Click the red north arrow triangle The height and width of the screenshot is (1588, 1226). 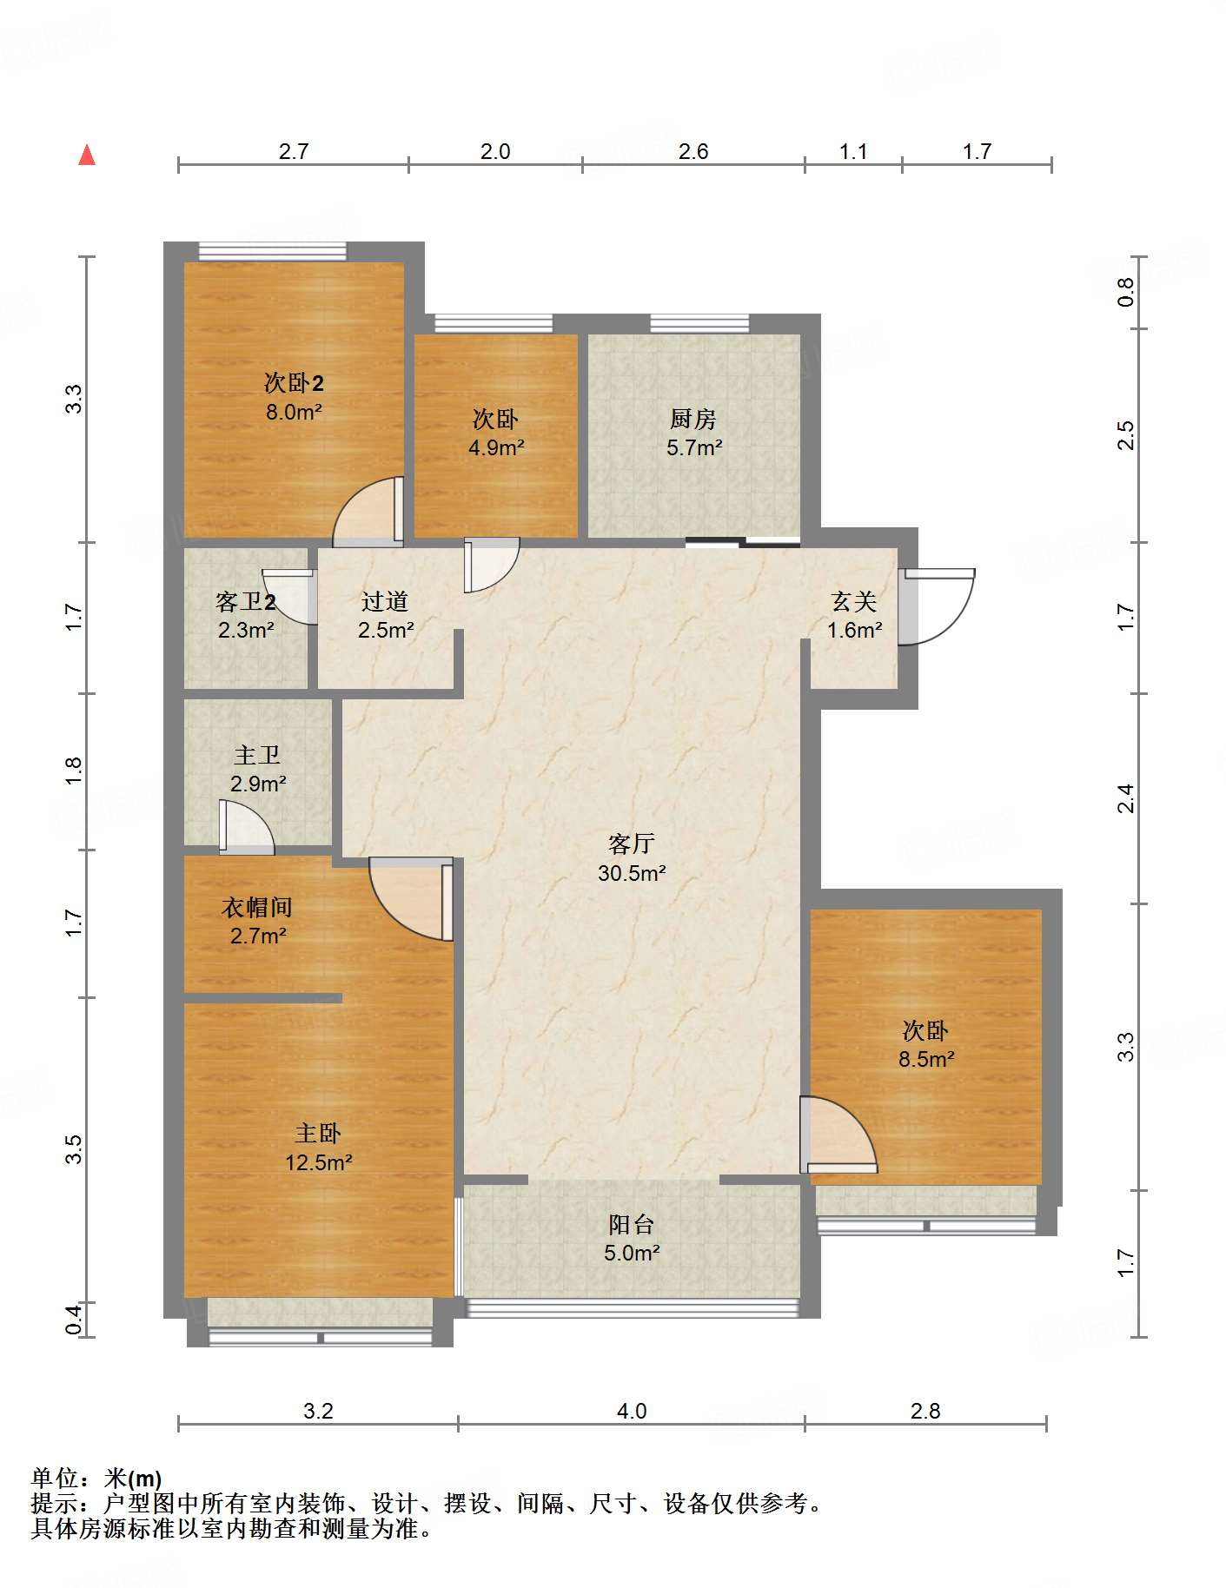tap(87, 155)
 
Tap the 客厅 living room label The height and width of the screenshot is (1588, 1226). tap(632, 844)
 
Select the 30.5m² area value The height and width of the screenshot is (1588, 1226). tap(632, 873)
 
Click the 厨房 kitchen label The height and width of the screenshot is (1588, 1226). tap(693, 419)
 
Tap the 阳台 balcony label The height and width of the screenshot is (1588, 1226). tap(632, 1224)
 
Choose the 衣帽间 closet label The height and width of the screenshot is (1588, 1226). tap(257, 907)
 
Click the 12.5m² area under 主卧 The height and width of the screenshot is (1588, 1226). tap(318, 1162)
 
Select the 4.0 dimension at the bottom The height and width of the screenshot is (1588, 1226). tap(632, 1411)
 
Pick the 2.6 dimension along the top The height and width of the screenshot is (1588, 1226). tap(693, 151)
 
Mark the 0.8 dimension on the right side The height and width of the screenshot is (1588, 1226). tap(1125, 292)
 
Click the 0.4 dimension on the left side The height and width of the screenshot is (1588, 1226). tap(74, 1320)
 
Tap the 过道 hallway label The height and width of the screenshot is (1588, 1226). tap(385, 601)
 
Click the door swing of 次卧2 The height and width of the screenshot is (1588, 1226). tap(368, 512)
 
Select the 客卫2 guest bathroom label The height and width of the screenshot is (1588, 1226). tap(246, 601)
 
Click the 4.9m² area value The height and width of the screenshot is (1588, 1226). tap(496, 447)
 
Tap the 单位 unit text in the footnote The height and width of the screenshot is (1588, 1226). tap(55, 1478)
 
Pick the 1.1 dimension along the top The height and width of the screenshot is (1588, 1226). tap(853, 151)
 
